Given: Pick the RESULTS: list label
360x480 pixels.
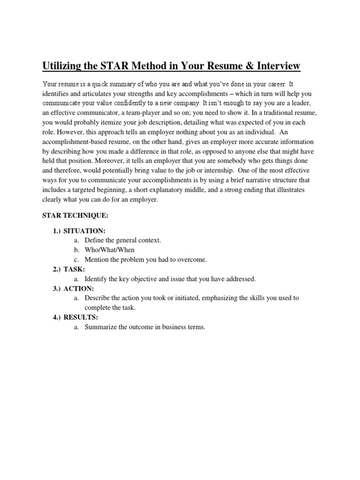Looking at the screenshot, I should tap(81, 317).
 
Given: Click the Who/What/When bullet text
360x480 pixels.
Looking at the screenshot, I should tap(109, 250).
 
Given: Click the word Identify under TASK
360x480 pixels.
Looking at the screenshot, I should tap(97, 279).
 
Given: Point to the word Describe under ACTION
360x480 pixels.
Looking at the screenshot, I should tap(97, 298).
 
